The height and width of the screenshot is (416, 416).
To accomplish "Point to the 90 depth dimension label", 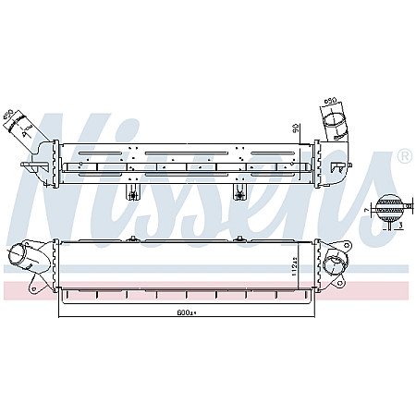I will [295, 127].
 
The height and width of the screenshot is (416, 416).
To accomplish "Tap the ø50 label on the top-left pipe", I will [10, 116].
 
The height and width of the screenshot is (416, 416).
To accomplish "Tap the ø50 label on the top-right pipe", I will [330, 102].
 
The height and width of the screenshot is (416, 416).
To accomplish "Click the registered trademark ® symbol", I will [404, 157].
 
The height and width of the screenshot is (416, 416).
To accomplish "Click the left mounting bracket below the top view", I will [134, 191].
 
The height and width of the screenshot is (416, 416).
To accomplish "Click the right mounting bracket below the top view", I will [240, 191].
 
